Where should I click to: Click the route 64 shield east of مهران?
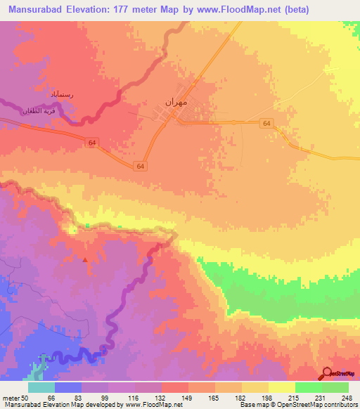tap(266, 123)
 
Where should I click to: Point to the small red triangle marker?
tap(86, 259)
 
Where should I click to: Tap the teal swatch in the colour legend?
tap(41, 387)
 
